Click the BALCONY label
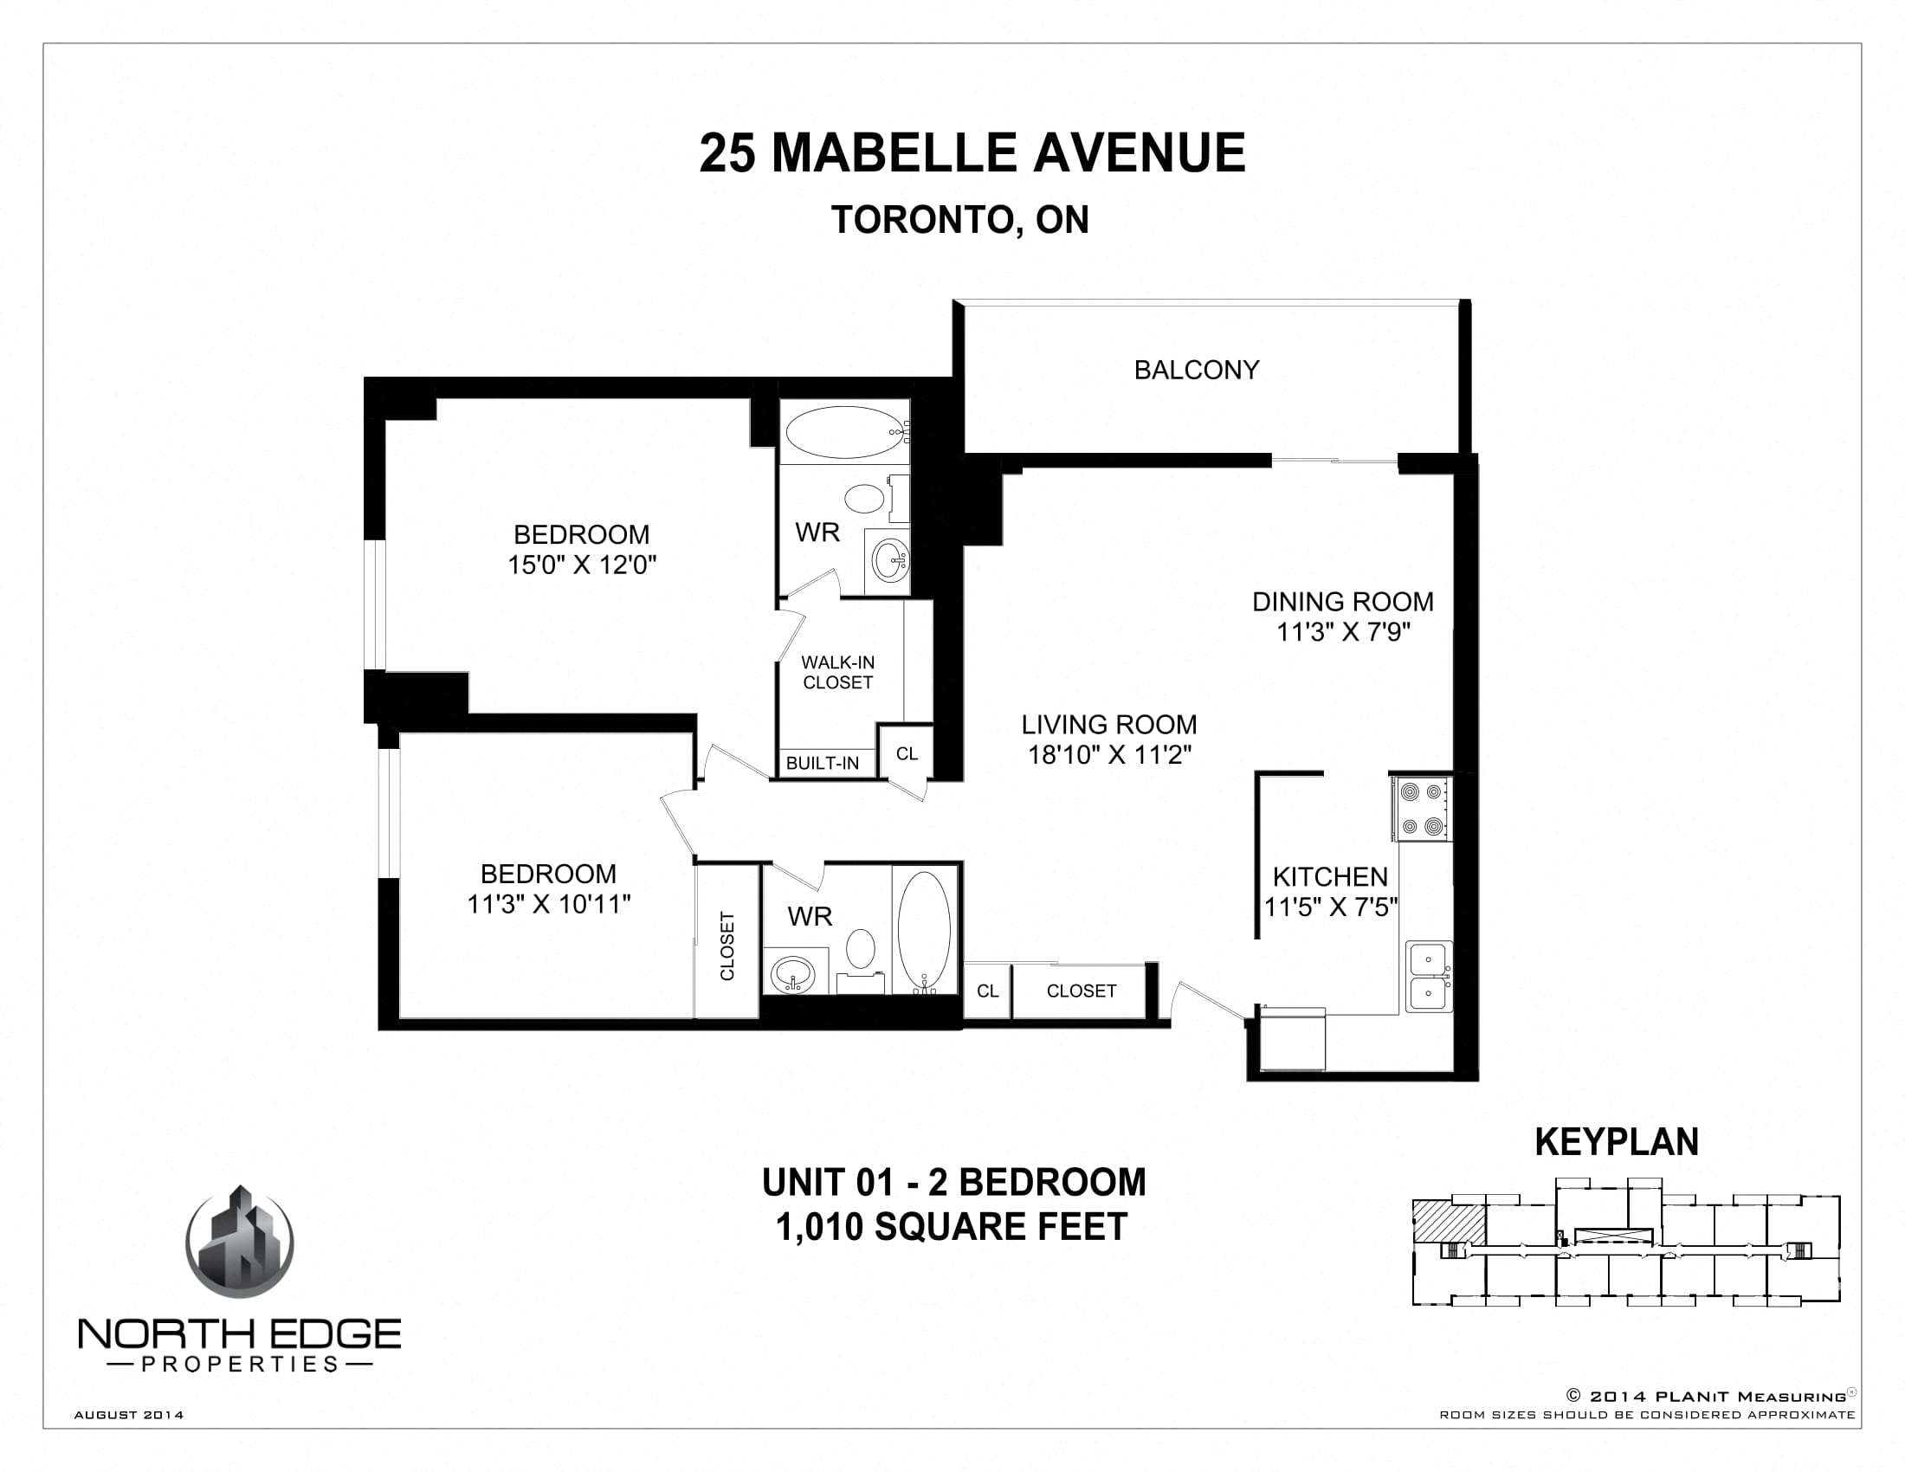1196,370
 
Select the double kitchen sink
1428,976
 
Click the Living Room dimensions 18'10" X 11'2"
1109,755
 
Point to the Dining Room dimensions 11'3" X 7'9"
1343,632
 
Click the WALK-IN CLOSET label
837,672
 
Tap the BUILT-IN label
822,764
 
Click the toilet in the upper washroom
865,500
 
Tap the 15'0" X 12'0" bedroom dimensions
582,565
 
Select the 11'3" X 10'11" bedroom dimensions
549,904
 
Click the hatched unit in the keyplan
1448,1223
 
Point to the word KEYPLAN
1617,1142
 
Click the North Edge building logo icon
240,1243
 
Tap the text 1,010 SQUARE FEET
952,1227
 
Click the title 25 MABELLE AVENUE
972,153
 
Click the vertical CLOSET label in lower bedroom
727,946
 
